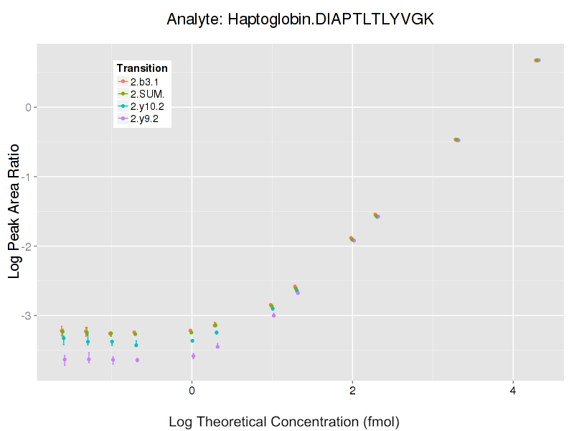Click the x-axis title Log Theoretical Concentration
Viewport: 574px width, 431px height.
284,421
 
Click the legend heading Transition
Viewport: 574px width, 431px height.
142,68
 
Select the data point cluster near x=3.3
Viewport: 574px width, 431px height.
456,139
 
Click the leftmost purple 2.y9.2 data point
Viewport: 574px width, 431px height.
65,359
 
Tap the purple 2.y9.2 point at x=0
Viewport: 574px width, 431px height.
193,356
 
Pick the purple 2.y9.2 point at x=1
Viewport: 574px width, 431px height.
273,315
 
